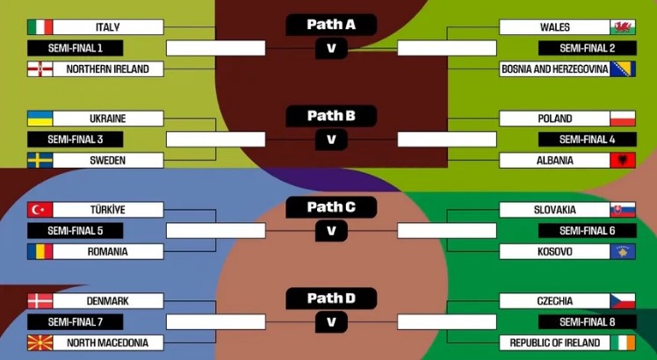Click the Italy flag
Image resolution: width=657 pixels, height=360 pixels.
pyautogui.click(x=40, y=27)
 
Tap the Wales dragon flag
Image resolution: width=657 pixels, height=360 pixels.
pyautogui.click(x=622, y=27)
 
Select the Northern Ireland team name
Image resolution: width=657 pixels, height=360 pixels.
pyautogui.click(x=107, y=68)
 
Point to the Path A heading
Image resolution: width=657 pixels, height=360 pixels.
pyautogui.click(x=331, y=25)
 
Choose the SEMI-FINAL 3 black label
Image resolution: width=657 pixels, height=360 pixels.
pyautogui.click(x=74, y=139)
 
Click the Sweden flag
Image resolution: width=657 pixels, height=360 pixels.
pyautogui.click(x=40, y=160)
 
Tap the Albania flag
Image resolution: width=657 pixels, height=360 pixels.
pyautogui.click(x=622, y=160)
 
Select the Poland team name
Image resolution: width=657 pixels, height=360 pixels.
pyautogui.click(x=554, y=119)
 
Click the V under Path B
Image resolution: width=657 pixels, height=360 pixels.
pyautogui.click(x=331, y=139)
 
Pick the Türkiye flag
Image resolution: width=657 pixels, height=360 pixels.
pyautogui.click(x=40, y=210)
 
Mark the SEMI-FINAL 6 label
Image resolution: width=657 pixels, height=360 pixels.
pyautogui.click(x=587, y=230)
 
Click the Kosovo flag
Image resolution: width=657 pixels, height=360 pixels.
pyautogui.click(x=622, y=251)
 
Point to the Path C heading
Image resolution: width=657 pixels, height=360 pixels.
pyautogui.click(x=331, y=207)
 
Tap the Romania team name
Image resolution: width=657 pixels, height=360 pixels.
pyautogui.click(x=107, y=251)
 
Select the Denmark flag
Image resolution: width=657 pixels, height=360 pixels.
pyautogui.click(x=40, y=301)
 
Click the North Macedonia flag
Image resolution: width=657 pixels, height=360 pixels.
pyautogui.click(x=40, y=342)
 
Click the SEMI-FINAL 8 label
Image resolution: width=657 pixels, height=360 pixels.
pyautogui.click(x=587, y=321)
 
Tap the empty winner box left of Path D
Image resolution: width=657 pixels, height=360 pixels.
pyautogui.click(x=215, y=321)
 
